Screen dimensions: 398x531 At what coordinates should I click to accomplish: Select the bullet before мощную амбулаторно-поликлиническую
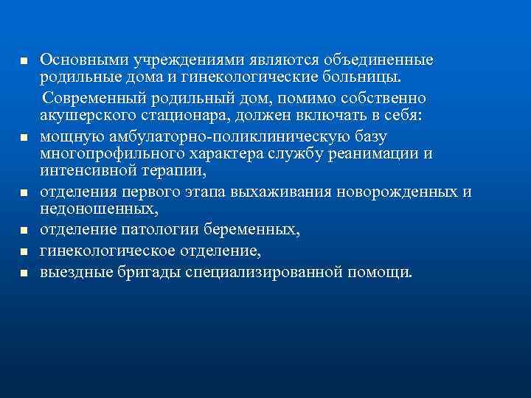point(24,137)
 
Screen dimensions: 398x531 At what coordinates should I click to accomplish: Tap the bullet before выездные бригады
point(24,273)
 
